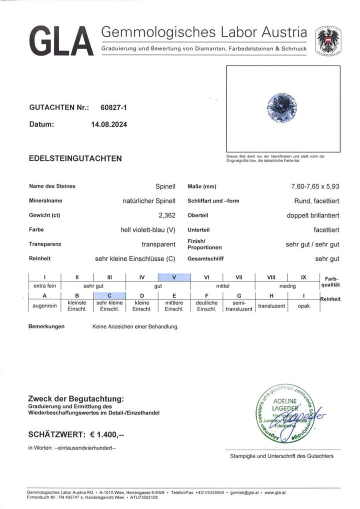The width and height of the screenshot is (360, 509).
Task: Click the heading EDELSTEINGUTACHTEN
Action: pos(75,158)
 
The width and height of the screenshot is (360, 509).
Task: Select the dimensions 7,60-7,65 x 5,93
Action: pos(315,186)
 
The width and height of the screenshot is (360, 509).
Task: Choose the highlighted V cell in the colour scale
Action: pos(174,277)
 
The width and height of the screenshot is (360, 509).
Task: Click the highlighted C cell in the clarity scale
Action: pos(109,295)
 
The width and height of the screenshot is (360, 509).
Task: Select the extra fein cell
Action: pos(44,286)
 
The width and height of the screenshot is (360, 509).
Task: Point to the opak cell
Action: pos(304,305)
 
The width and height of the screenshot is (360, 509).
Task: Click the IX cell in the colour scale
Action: pos(304,277)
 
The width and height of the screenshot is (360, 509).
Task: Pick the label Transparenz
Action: pos(45,244)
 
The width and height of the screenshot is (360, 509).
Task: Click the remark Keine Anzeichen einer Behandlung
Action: pos(135,326)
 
